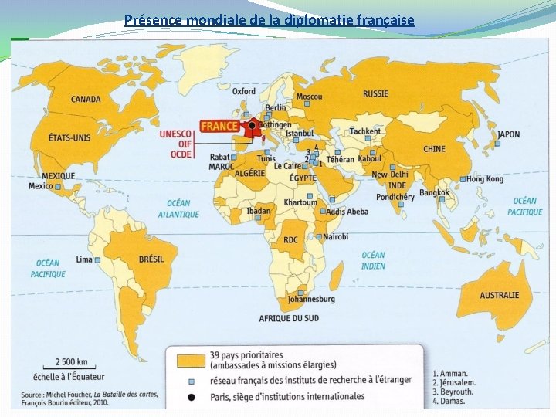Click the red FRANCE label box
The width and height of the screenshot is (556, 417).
point(220,126)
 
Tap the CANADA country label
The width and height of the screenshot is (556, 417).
point(86,100)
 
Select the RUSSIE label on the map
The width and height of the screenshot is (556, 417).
point(375,93)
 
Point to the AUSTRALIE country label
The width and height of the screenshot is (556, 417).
point(499,295)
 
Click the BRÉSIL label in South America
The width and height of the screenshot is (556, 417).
point(151,259)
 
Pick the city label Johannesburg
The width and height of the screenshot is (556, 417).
point(311,299)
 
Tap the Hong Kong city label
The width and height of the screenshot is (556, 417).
point(484,179)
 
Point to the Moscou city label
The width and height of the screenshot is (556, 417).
point(310,97)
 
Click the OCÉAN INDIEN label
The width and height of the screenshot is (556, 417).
point(373,260)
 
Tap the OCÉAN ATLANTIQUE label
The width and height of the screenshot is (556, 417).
point(178,209)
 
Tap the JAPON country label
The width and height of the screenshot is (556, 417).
point(508,134)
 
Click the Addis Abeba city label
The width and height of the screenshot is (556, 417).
point(347,212)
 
